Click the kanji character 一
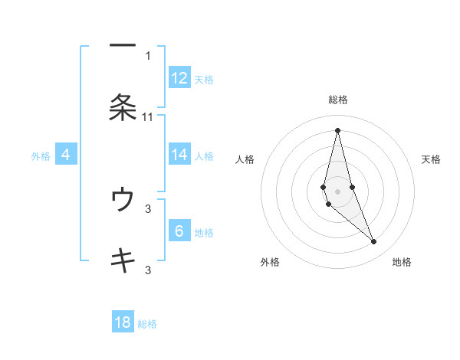[x=123, y=46]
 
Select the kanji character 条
[x=123, y=107]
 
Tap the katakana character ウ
[x=123, y=199]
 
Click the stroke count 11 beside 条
[x=148, y=117]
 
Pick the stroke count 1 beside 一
[x=148, y=55]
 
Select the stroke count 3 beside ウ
[x=148, y=208]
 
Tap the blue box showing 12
[x=179, y=77]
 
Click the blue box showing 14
[x=179, y=155]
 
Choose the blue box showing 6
[x=179, y=231]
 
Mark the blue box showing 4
[x=66, y=155]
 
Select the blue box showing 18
[x=123, y=322]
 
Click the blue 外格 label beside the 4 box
[x=41, y=156]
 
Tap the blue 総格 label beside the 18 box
[x=147, y=324]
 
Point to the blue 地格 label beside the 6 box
[x=204, y=233]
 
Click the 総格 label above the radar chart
[x=338, y=100]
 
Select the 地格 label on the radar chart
[x=402, y=263]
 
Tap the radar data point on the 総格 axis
[x=338, y=129]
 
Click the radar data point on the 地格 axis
[x=374, y=242]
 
